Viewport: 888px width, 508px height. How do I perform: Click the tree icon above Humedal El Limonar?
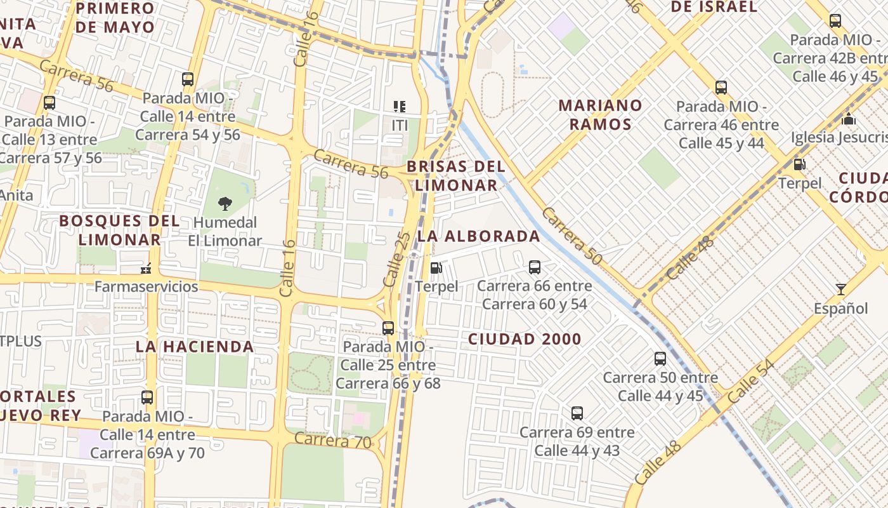pyautogui.click(x=225, y=204)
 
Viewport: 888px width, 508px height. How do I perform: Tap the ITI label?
pyautogui.click(x=400, y=126)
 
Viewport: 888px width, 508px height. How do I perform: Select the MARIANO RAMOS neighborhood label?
pyautogui.click(x=600, y=114)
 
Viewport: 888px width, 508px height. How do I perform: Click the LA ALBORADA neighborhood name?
pyautogui.click(x=479, y=236)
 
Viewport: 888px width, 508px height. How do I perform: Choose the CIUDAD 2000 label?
pyautogui.click(x=525, y=339)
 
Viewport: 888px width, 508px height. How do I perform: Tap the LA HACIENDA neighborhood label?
pyautogui.click(x=195, y=347)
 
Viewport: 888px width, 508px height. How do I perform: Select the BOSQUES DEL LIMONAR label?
pyautogui.click(x=119, y=230)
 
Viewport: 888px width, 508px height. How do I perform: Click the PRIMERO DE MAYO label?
pyautogui.click(x=115, y=18)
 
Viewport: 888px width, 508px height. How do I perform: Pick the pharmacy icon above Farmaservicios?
pyautogui.click(x=147, y=269)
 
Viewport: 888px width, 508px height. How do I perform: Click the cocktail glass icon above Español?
pyautogui.click(x=841, y=290)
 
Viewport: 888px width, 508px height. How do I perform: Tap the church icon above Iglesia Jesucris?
pyautogui.click(x=849, y=119)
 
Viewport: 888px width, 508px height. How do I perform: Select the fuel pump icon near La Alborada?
pyautogui.click(x=436, y=268)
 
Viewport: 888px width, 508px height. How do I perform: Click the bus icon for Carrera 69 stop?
pyautogui.click(x=577, y=413)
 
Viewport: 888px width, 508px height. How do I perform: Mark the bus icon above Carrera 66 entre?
pyautogui.click(x=535, y=267)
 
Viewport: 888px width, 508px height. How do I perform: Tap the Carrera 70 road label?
pyautogui.click(x=333, y=440)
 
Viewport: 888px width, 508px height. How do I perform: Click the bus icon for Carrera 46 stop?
pyautogui.click(x=721, y=88)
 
